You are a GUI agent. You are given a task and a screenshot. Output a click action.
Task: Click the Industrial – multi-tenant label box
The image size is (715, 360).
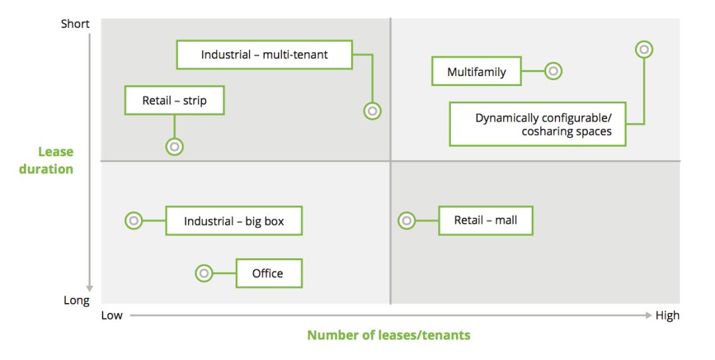pyautogui.click(x=264, y=55)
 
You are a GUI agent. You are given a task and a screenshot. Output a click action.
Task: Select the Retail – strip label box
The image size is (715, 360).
pyautogui.click(x=174, y=100)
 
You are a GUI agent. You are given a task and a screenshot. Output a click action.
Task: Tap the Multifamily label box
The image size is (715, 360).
pyautogui.click(x=477, y=71)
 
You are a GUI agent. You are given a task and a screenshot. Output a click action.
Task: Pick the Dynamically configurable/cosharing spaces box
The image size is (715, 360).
pyautogui.click(x=538, y=124)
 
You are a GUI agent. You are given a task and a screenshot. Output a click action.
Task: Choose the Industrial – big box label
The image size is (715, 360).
pyautogui.click(x=234, y=221)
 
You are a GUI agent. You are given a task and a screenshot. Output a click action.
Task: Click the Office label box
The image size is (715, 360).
pyautogui.click(x=269, y=273)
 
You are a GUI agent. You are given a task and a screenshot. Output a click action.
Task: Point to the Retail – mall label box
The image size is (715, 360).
pyautogui.click(x=486, y=220)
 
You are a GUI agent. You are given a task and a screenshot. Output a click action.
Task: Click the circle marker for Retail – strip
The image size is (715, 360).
pyautogui.click(x=175, y=147)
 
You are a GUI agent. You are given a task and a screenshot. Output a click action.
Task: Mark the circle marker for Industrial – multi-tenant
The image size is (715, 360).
pyautogui.click(x=373, y=111)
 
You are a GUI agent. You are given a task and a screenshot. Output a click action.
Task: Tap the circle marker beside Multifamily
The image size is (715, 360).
pyautogui.click(x=553, y=71)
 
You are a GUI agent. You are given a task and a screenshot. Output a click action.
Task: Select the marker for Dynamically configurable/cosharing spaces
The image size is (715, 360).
pyautogui.click(x=644, y=49)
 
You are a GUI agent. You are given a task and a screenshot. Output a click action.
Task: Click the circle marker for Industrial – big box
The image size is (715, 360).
pyautogui.click(x=134, y=220)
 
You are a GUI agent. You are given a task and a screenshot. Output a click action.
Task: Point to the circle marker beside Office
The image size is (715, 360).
pyautogui.click(x=204, y=273)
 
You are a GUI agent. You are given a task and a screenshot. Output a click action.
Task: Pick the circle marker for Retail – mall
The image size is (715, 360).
pyautogui.click(x=406, y=220)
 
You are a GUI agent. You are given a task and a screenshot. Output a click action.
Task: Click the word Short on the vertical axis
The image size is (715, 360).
pyautogui.click(x=75, y=24)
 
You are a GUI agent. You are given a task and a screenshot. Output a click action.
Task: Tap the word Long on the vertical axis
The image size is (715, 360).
pyautogui.click(x=77, y=300)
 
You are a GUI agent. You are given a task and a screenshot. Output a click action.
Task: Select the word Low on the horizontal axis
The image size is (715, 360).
pyautogui.click(x=112, y=316)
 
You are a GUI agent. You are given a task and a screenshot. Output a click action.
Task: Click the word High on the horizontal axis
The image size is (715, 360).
pyautogui.click(x=667, y=316)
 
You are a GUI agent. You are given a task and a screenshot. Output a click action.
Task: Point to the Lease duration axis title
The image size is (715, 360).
pyautogui.click(x=46, y=160)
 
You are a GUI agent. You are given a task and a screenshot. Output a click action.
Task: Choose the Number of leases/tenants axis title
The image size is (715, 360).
pyautogui.click(x=389, y=336)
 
